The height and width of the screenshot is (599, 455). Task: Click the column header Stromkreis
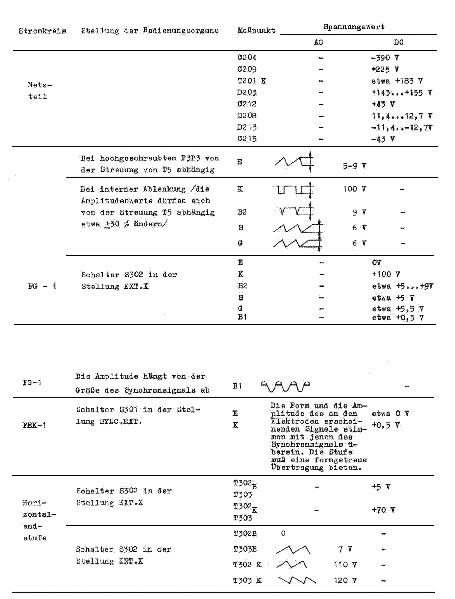coord(42,31)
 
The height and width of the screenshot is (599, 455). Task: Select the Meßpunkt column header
coord(256,31)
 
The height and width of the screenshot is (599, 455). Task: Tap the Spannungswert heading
coord(354,27)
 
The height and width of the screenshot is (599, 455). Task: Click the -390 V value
coord(385,58)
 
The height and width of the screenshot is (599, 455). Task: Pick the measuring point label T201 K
coord(252,81)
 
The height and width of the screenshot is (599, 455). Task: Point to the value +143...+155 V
coord(402,93)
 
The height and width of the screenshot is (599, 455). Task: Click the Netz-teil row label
coord(39,91)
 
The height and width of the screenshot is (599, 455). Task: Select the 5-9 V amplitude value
coord(355,166)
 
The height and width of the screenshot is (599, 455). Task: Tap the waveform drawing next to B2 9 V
coord(294,211)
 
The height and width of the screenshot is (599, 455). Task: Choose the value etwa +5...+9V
coord(402,286)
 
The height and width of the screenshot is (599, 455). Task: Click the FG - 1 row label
coord(42,286)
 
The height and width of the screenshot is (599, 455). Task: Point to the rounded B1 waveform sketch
coord(285,386)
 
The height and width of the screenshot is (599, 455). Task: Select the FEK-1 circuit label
coord(34,425)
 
